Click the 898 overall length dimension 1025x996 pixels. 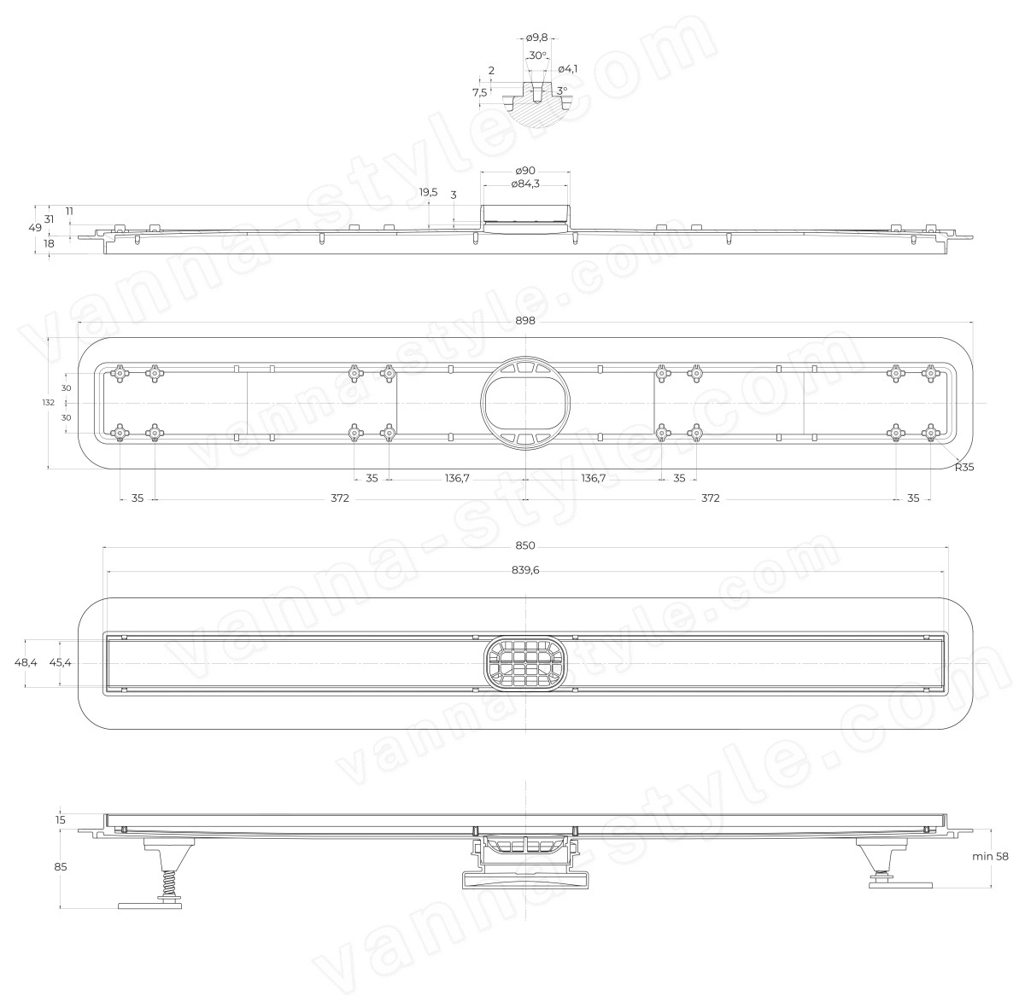pyautogui.click(x=524, y=321)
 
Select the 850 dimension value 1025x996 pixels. pyautogui.click(x=524, y=545)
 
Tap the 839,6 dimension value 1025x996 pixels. pyautogui.click(x=525, y=570)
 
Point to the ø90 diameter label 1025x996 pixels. pyautogui.click(x=525, y=171)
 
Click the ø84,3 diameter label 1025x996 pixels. pyautogui.click(x=525, y=183)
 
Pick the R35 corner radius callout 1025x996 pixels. pyautogui.click(x=964, y=467)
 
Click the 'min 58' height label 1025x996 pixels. pyautogui.click(x=990, y=871)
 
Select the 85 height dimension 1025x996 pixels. pyautogui.click(x=61, y=866)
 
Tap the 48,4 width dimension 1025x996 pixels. pyautogui.click(x=26, y=662)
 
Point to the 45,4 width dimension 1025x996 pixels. pyautogui.click(x=60, y=662)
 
